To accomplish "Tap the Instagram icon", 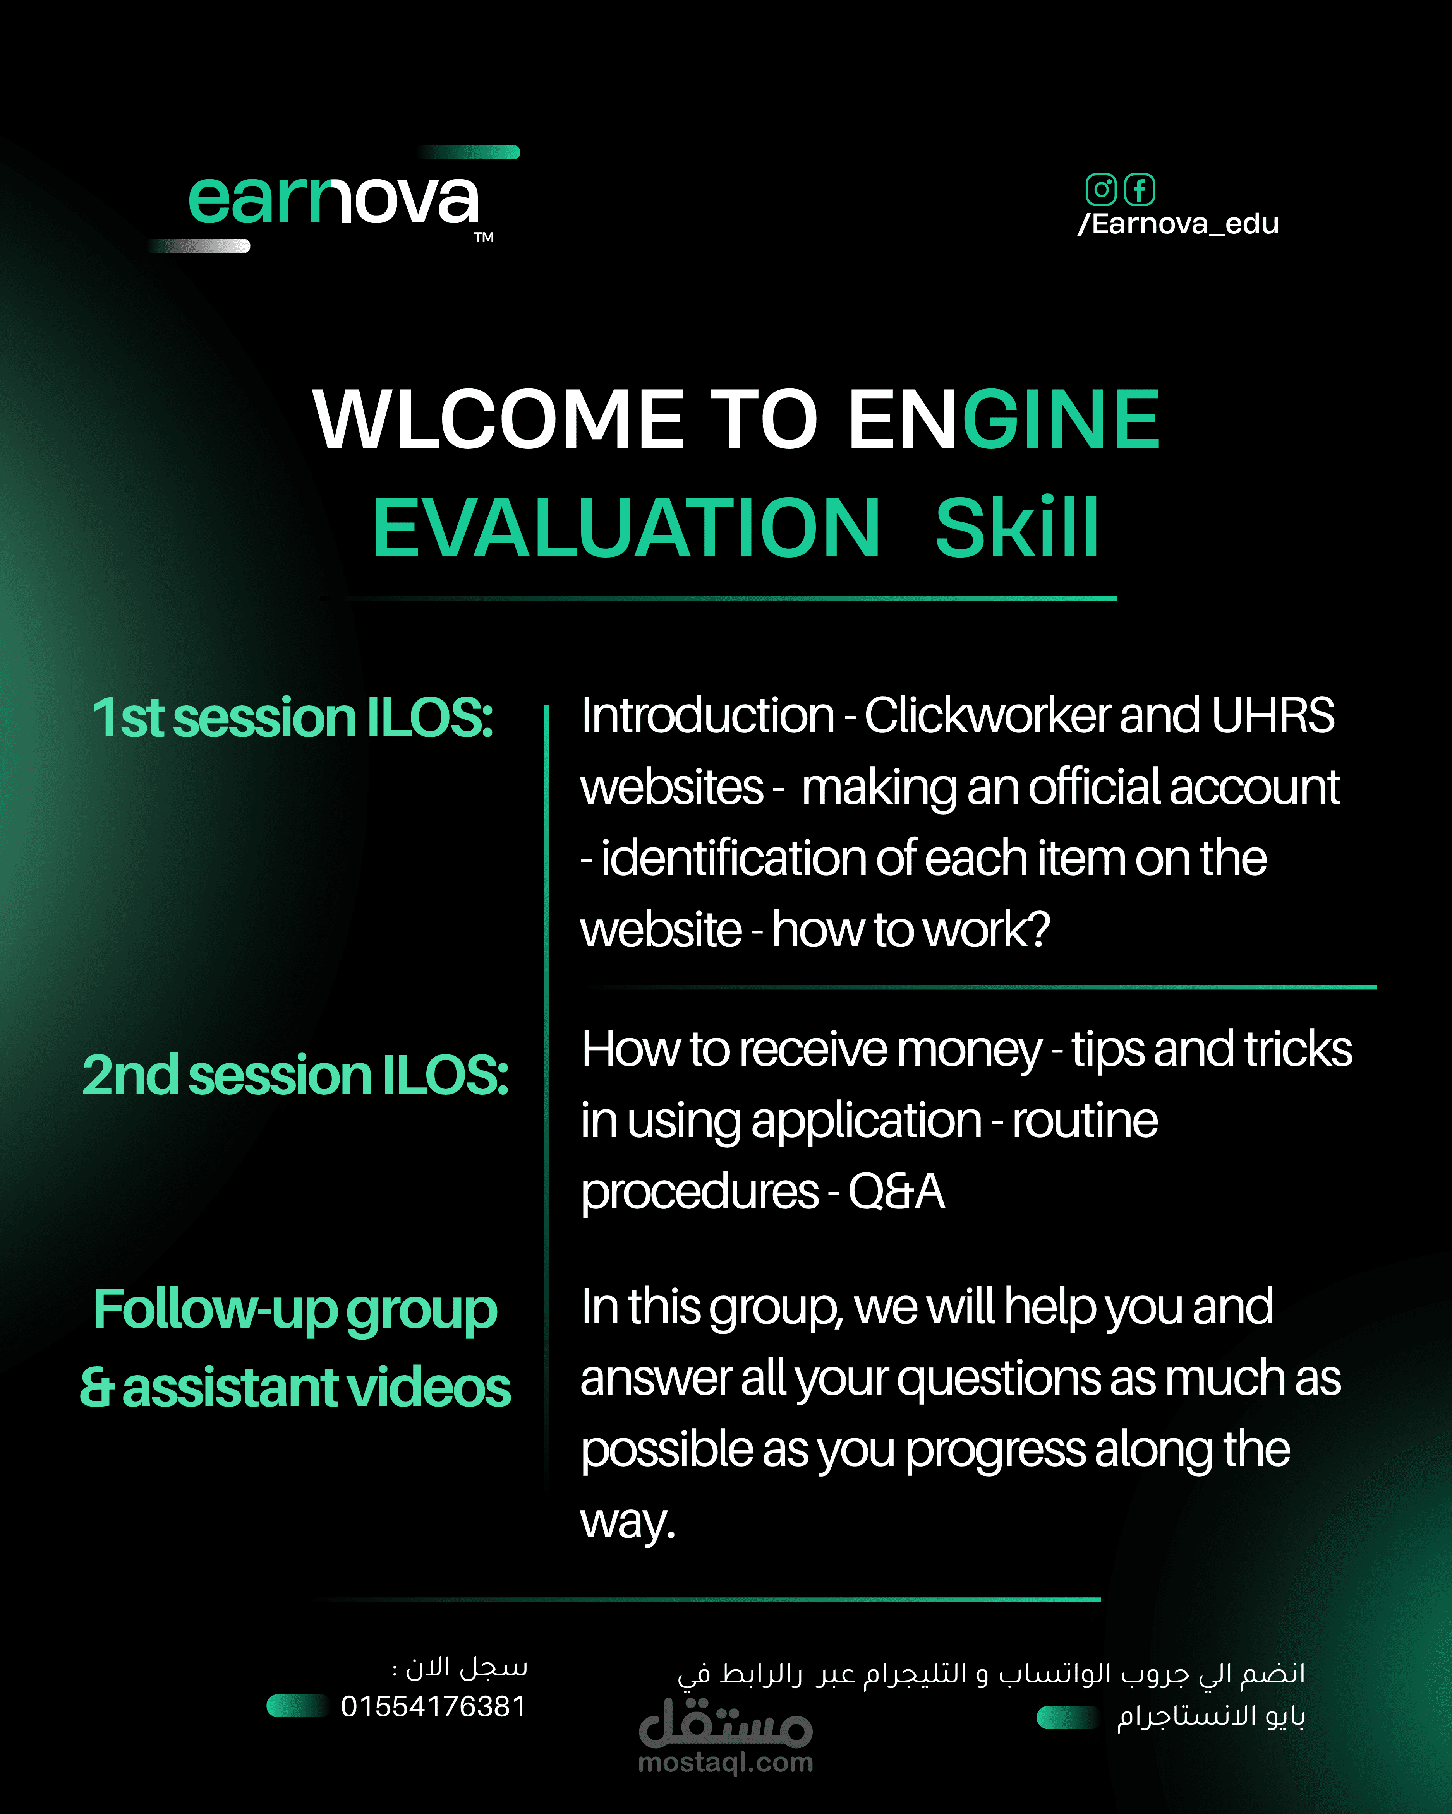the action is [1100, 189].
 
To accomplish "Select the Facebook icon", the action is [1140, 189].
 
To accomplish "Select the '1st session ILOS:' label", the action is [292, 718].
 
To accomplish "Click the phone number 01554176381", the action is [434, 1706].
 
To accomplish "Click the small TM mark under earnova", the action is [484, 237].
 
